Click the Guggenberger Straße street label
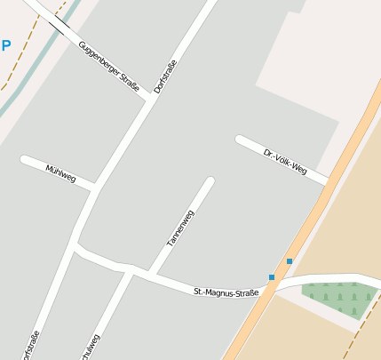108,66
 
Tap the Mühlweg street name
60,172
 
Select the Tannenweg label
180,228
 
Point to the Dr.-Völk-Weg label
285,162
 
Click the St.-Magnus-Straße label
226,292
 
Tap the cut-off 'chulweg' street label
89,347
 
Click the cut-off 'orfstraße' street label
33,345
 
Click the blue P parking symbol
5,45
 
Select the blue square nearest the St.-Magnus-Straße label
272,277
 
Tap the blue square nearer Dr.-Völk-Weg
290,260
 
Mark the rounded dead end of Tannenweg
210,182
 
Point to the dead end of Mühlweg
25,160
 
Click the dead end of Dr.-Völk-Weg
240,139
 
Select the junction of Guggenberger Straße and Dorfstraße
148,99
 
